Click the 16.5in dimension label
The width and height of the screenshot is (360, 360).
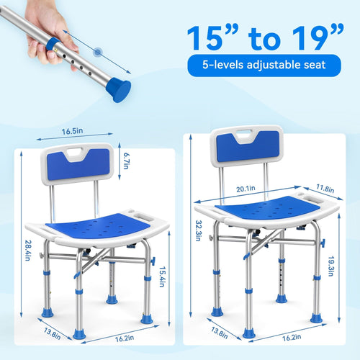pos(73,131)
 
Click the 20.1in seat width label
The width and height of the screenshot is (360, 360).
pos(246,189)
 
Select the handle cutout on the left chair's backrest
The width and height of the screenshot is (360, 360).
pos(76,152)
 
